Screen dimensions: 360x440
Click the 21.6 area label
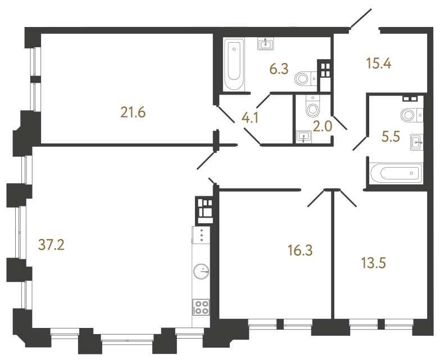tap(133, 112)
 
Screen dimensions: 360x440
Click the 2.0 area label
tap(323, 127)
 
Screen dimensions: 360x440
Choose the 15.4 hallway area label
tap(378, 63)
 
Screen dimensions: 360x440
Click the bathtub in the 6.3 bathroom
tap(234, 65)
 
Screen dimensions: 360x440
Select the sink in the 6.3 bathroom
tap(265, 44)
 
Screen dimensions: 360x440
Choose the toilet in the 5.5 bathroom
tap(410, 114)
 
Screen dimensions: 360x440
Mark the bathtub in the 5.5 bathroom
tap(396, 173)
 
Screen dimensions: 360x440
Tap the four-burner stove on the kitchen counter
tap(201, 307)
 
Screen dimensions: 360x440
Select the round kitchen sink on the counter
tap(201, 272)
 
